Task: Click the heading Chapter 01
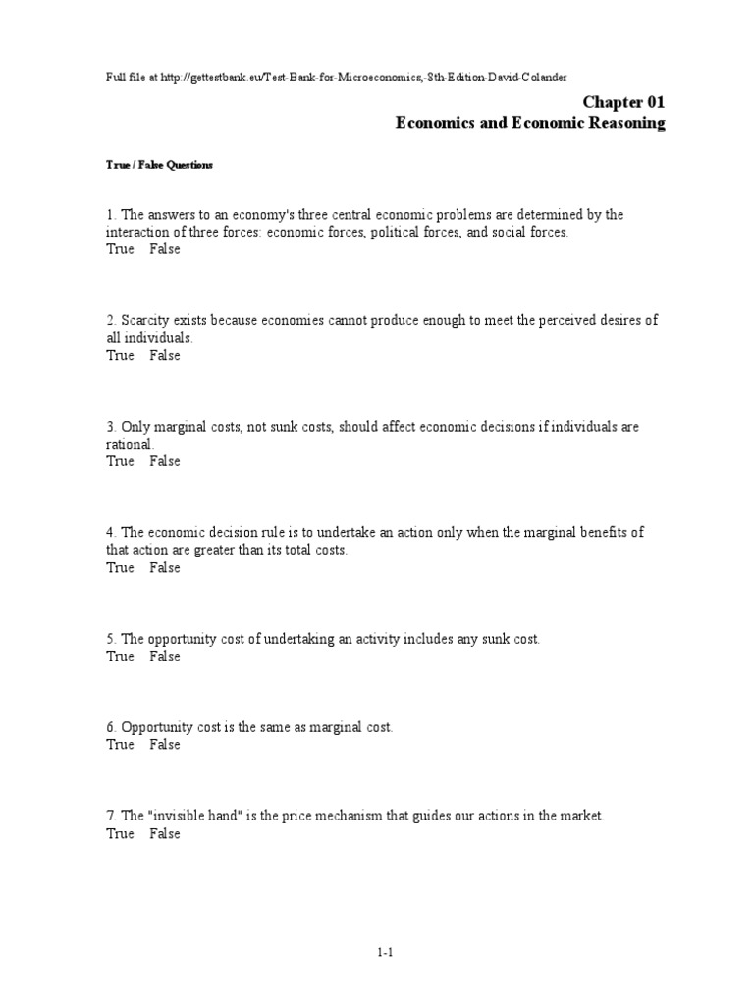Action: click(623, 102)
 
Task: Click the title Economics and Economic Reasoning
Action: click(530, 123)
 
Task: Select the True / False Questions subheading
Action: click(158, 166)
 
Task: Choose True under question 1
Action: click(120, 249)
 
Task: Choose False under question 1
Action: click(165, 249)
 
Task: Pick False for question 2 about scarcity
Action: click(165, 355)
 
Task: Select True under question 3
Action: click(120, 461)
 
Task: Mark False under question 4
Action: click(165, 567)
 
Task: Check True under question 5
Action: click(120, 656)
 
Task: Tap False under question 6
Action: click(165, 744)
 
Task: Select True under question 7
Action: click(120, 833)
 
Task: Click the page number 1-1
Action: click(384, 952)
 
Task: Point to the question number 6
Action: click(111, 727)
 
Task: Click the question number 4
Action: click(111, 533)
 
